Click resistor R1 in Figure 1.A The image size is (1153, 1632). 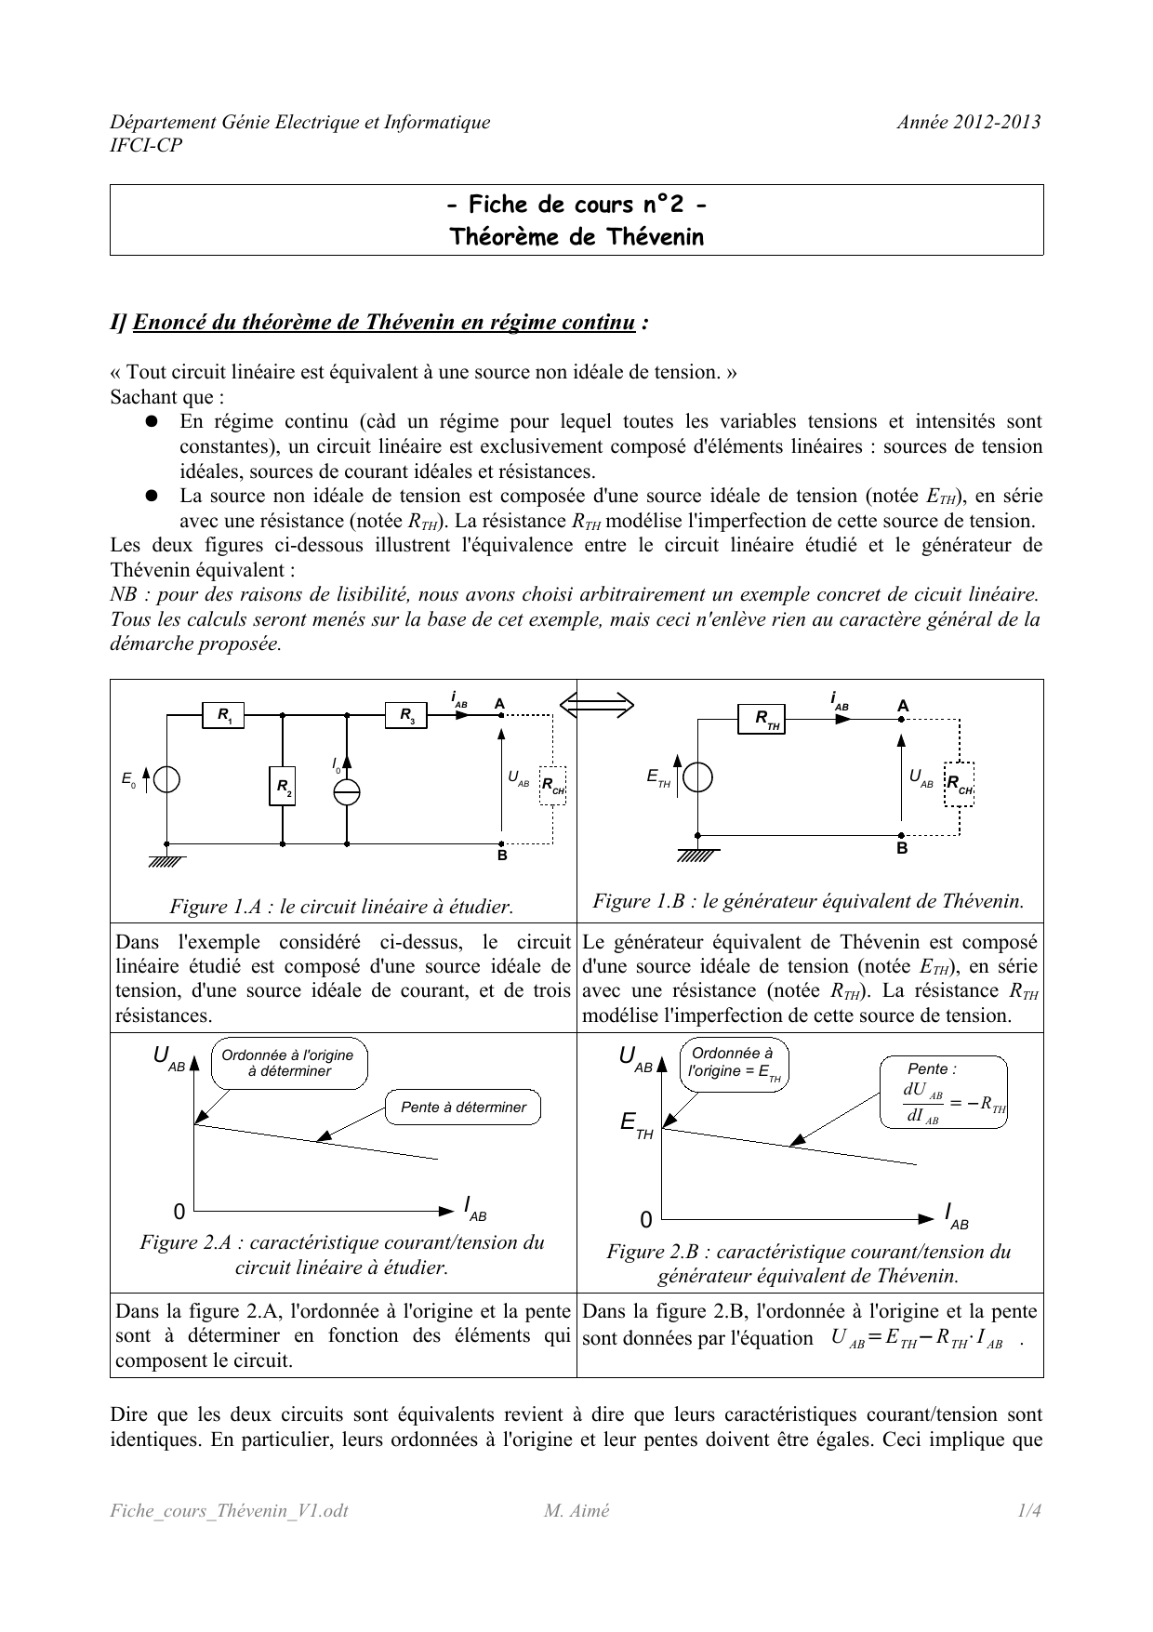tap(223, 715)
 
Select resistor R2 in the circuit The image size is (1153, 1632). tap(282, 788)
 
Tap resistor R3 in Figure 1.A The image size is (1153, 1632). tap(406, 715)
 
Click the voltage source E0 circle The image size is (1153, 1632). tap(167, 779)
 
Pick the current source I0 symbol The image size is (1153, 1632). tap(347, 791)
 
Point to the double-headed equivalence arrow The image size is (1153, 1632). tap(597, 706)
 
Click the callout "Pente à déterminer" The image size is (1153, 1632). tap(463, 1107)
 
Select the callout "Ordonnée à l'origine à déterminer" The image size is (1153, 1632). tap(288, 1063)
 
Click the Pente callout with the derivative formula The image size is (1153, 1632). tap(943, 1092)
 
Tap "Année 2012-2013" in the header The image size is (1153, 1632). tap(968, 122)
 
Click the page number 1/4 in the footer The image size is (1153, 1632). tap(1028, 1510)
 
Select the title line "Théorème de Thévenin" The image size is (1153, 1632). tap(576, 237)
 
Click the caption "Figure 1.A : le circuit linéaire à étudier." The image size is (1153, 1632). tap(342, 906)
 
